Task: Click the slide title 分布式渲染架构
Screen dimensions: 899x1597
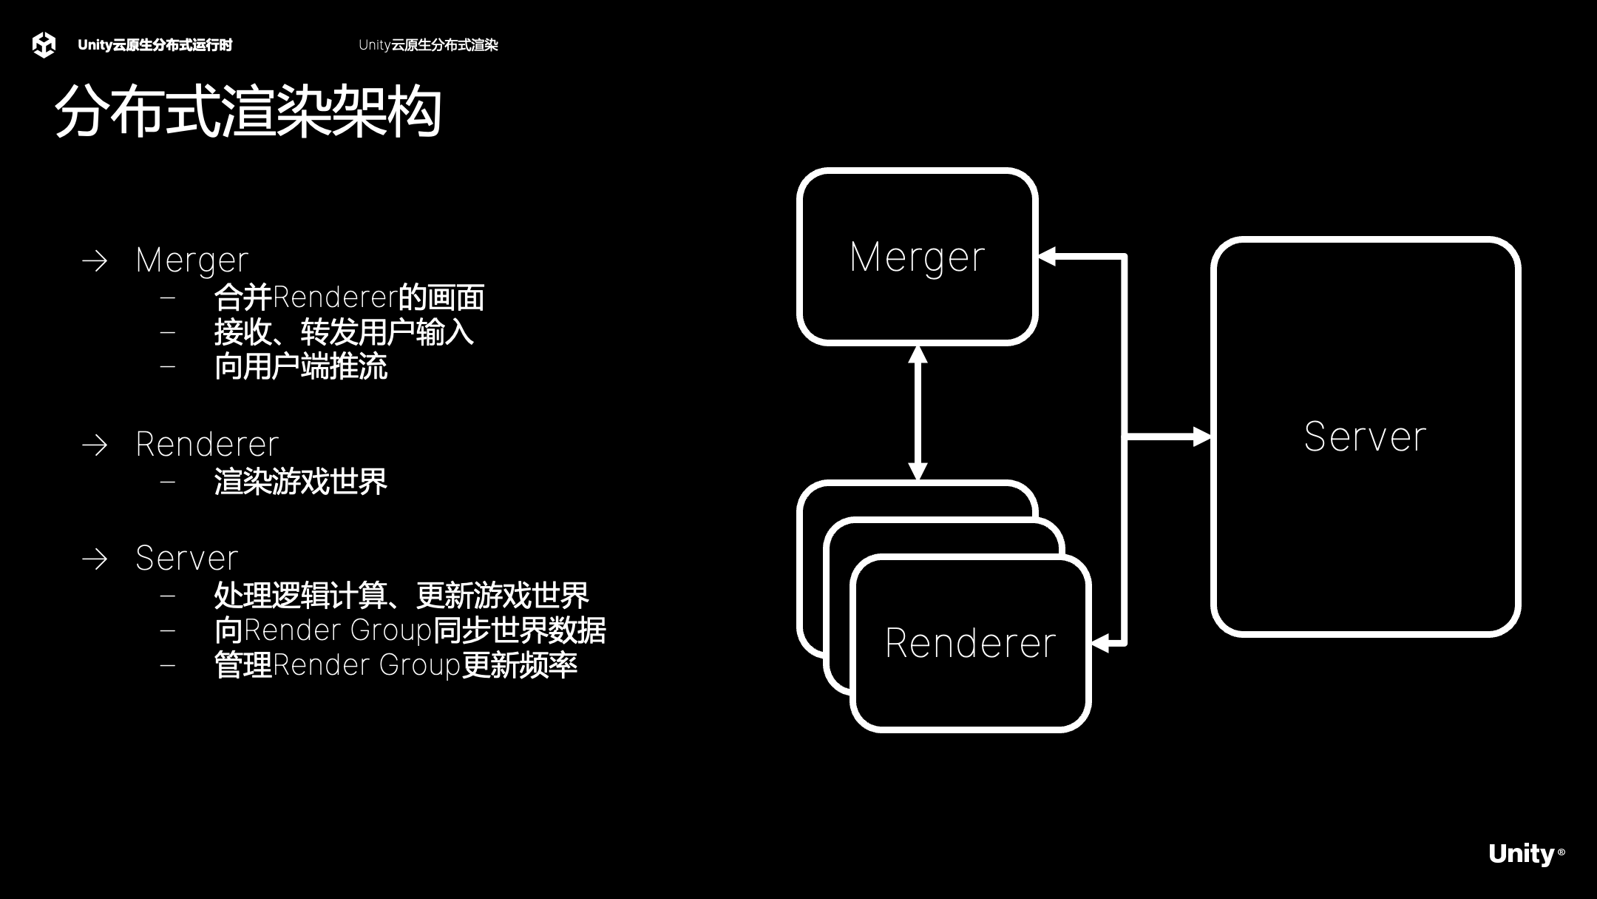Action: [248, 112]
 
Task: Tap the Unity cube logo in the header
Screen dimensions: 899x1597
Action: [44, 45]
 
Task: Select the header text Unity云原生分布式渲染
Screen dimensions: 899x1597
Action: [428, 45]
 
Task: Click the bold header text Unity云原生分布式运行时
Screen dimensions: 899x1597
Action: [155, 45]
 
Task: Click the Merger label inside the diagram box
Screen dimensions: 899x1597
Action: [917, 257]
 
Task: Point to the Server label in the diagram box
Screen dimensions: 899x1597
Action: [1365, 437]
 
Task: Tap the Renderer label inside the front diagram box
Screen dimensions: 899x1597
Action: [970, 642]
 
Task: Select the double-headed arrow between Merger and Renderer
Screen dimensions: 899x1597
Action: [918, 413]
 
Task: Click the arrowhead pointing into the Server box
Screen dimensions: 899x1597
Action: [1201, 437]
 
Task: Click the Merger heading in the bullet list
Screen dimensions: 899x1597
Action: [192, 260]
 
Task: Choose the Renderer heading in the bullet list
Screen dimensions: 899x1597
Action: [207, 444]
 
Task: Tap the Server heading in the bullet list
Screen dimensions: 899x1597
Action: [187, 558]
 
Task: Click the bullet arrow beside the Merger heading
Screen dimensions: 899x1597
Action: [95, 260]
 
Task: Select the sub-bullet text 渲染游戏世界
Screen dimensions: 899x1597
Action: [300, 482]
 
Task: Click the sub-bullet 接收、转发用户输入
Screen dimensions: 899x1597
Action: [344, 332]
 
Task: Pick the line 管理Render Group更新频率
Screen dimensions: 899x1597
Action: [396, 665]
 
